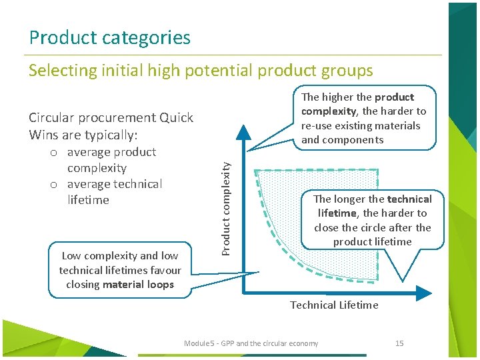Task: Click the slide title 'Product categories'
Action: pos(109,37)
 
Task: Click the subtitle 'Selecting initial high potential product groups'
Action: pos(201,70)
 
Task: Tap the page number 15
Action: pos(399,343)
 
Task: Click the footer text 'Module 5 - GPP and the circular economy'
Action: pos(251,343)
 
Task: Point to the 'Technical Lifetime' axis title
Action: pos(334,305)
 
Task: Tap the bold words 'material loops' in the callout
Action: pos(143,285)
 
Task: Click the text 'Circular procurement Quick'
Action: pos(111,118)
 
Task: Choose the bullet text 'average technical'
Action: pos(115,184)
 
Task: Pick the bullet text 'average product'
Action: pos(111,152)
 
